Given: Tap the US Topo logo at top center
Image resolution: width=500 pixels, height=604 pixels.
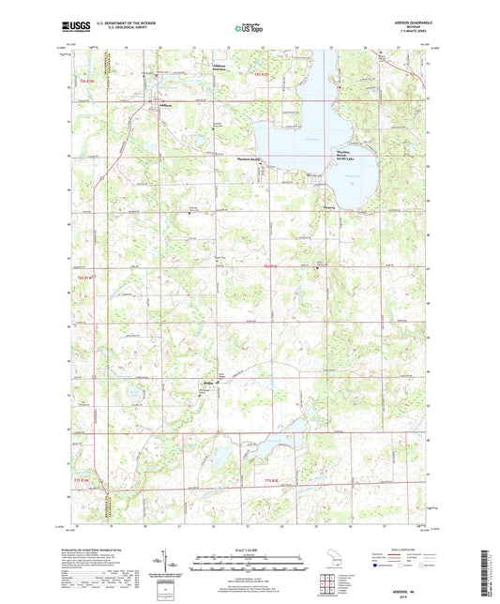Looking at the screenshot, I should pos(248,29).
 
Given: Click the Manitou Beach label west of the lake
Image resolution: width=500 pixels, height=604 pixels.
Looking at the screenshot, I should pos(248,160).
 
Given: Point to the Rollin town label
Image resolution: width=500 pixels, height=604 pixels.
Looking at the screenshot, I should pos(208,383).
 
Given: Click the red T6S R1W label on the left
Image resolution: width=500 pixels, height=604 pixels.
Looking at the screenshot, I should pos(85,277).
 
